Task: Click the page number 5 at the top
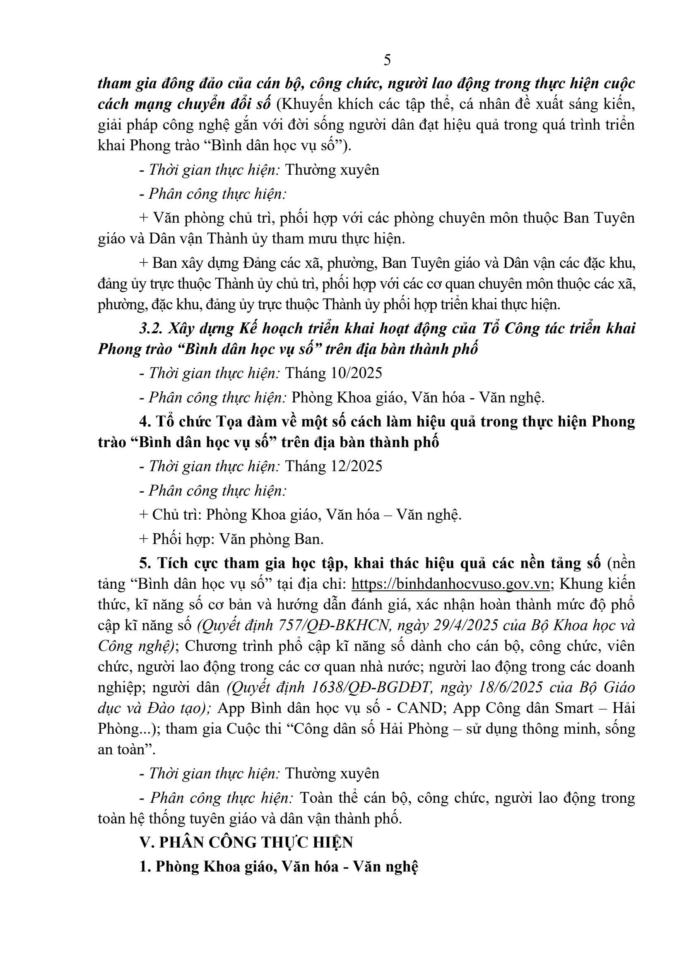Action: pyautogui.click(x=387, y=60)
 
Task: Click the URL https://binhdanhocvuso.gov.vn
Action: pyautogui.click(x=450, y=584)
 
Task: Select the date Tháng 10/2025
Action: pyautogui.click(x=334, y=373)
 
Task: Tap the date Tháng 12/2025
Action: pyautogui.click(x=334, y=466)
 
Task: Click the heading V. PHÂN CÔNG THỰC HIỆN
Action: pyautogui.click(x=246, y=843)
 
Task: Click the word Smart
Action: pyautogui.click(x=574, y=708)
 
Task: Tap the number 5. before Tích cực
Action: pyautogui.click(x=145, y=563)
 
